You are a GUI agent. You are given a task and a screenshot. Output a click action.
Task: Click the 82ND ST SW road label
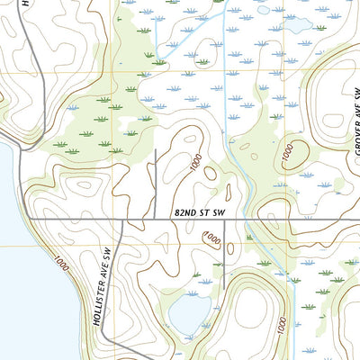(197, 211)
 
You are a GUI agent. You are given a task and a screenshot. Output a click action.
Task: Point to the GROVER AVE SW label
(355, 120)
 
